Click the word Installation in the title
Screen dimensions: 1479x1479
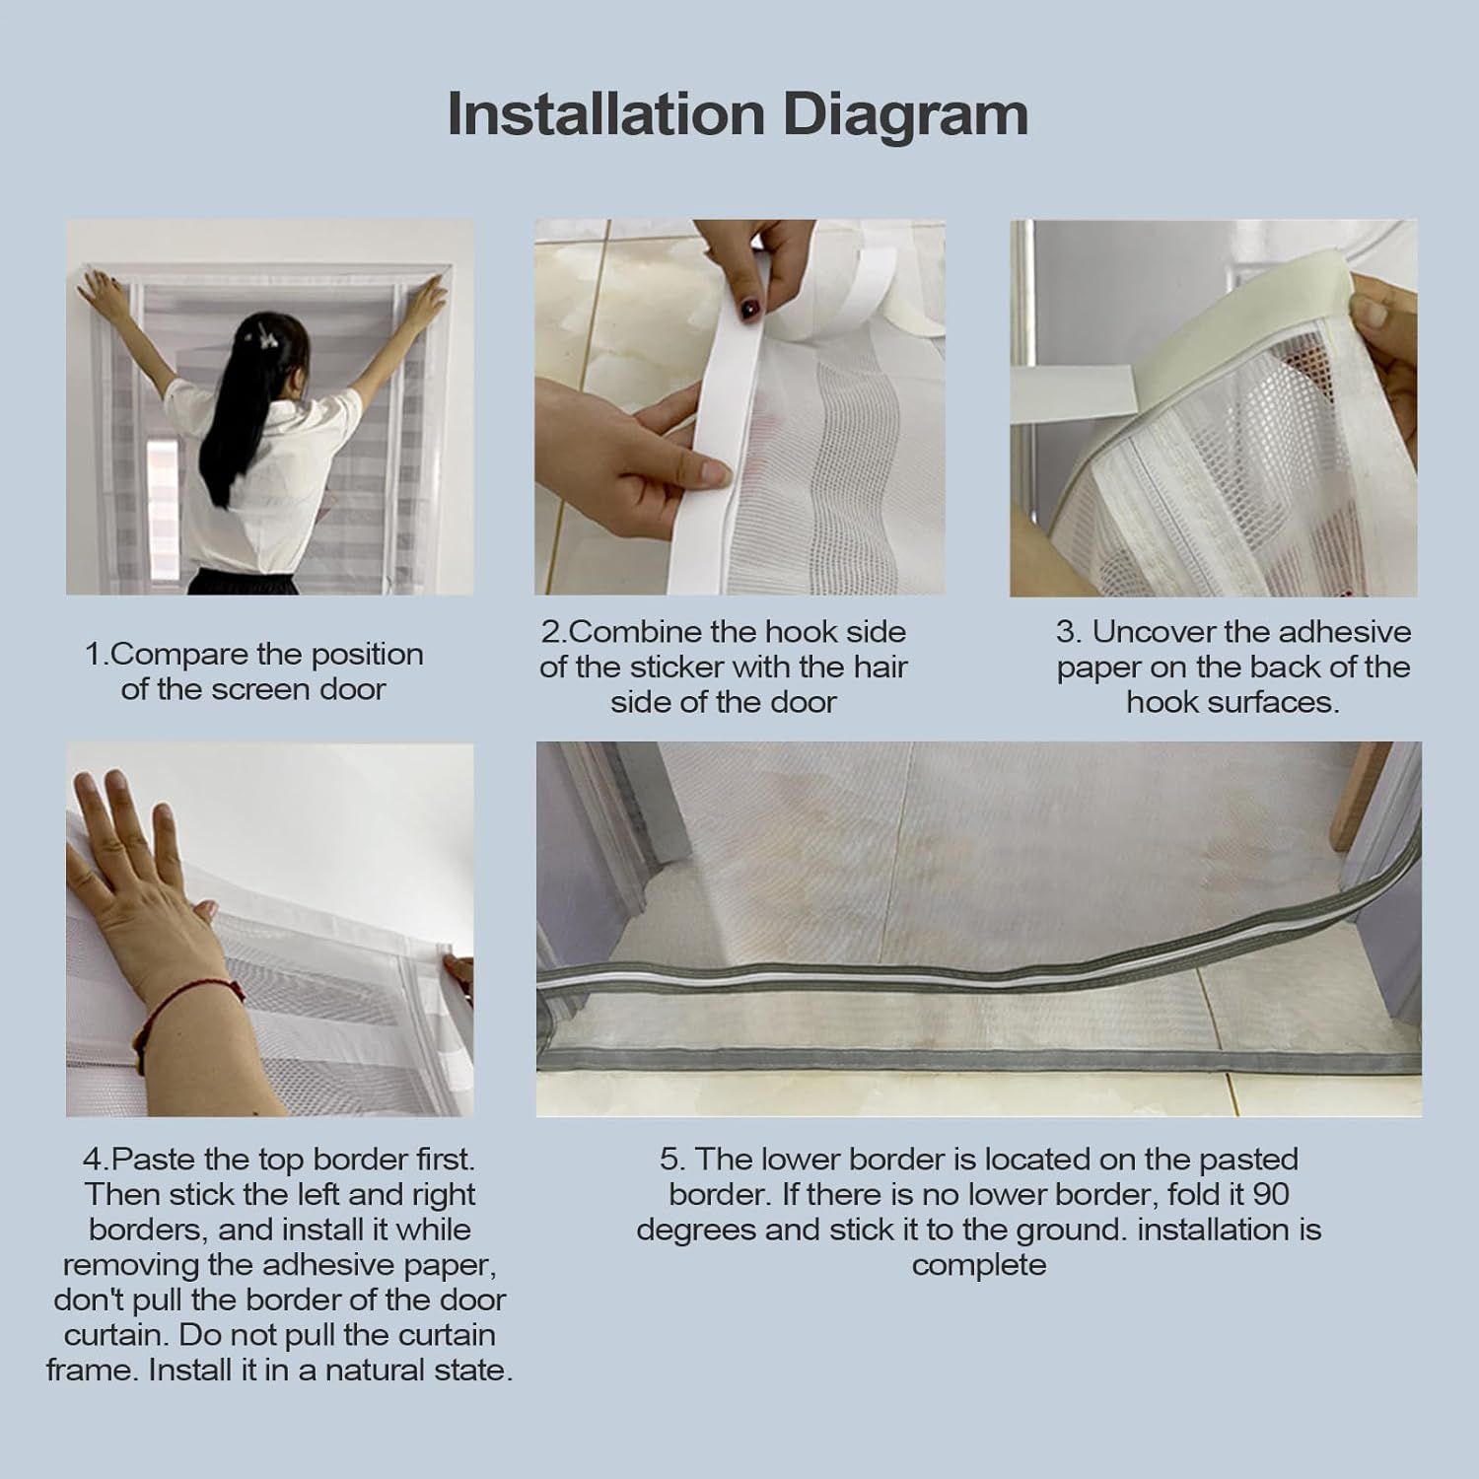coord(605,114)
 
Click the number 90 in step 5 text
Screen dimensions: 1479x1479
coord(1272,1194)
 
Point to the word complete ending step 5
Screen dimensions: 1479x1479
coord(979,1266)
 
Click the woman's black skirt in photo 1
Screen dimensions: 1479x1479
coord(243,583)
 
